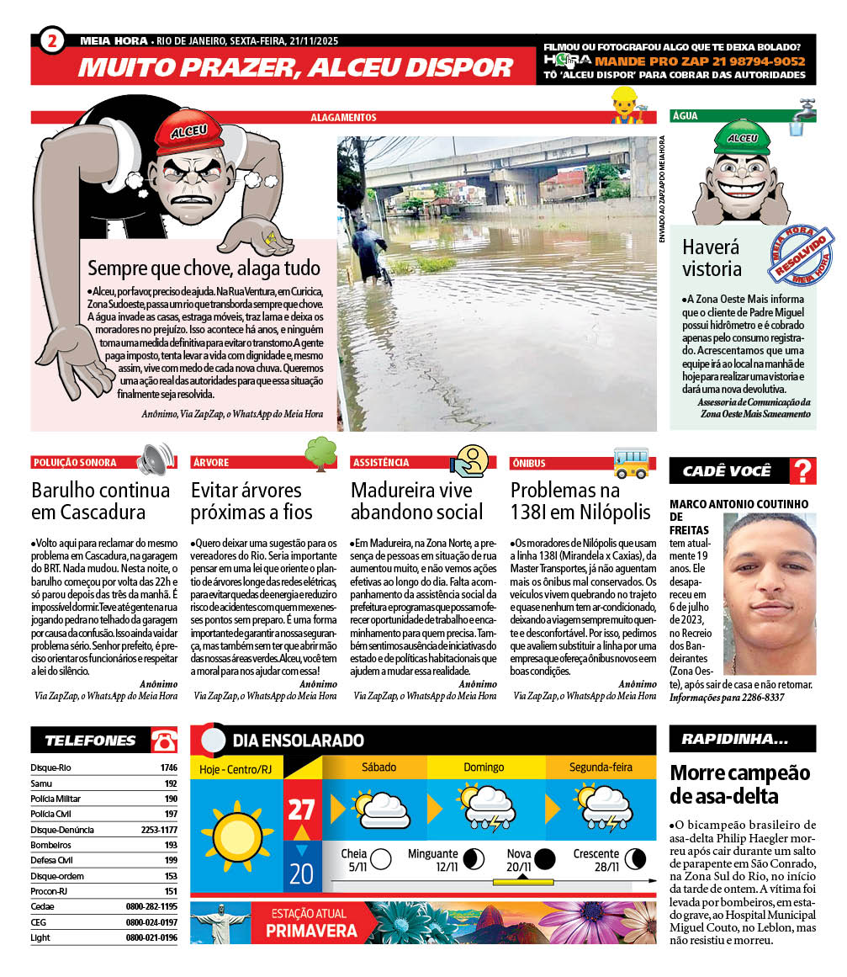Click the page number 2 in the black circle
click(52, 40)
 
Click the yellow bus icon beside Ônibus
click(631, 461)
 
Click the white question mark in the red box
click(803, 471)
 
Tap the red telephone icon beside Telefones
click(164, 741)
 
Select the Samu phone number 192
click(171, 783)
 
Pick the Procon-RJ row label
click(48, 891)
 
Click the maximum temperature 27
click(301, 810)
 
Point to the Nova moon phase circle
click(545, 859)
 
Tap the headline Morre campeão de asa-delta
click(739, 784)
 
